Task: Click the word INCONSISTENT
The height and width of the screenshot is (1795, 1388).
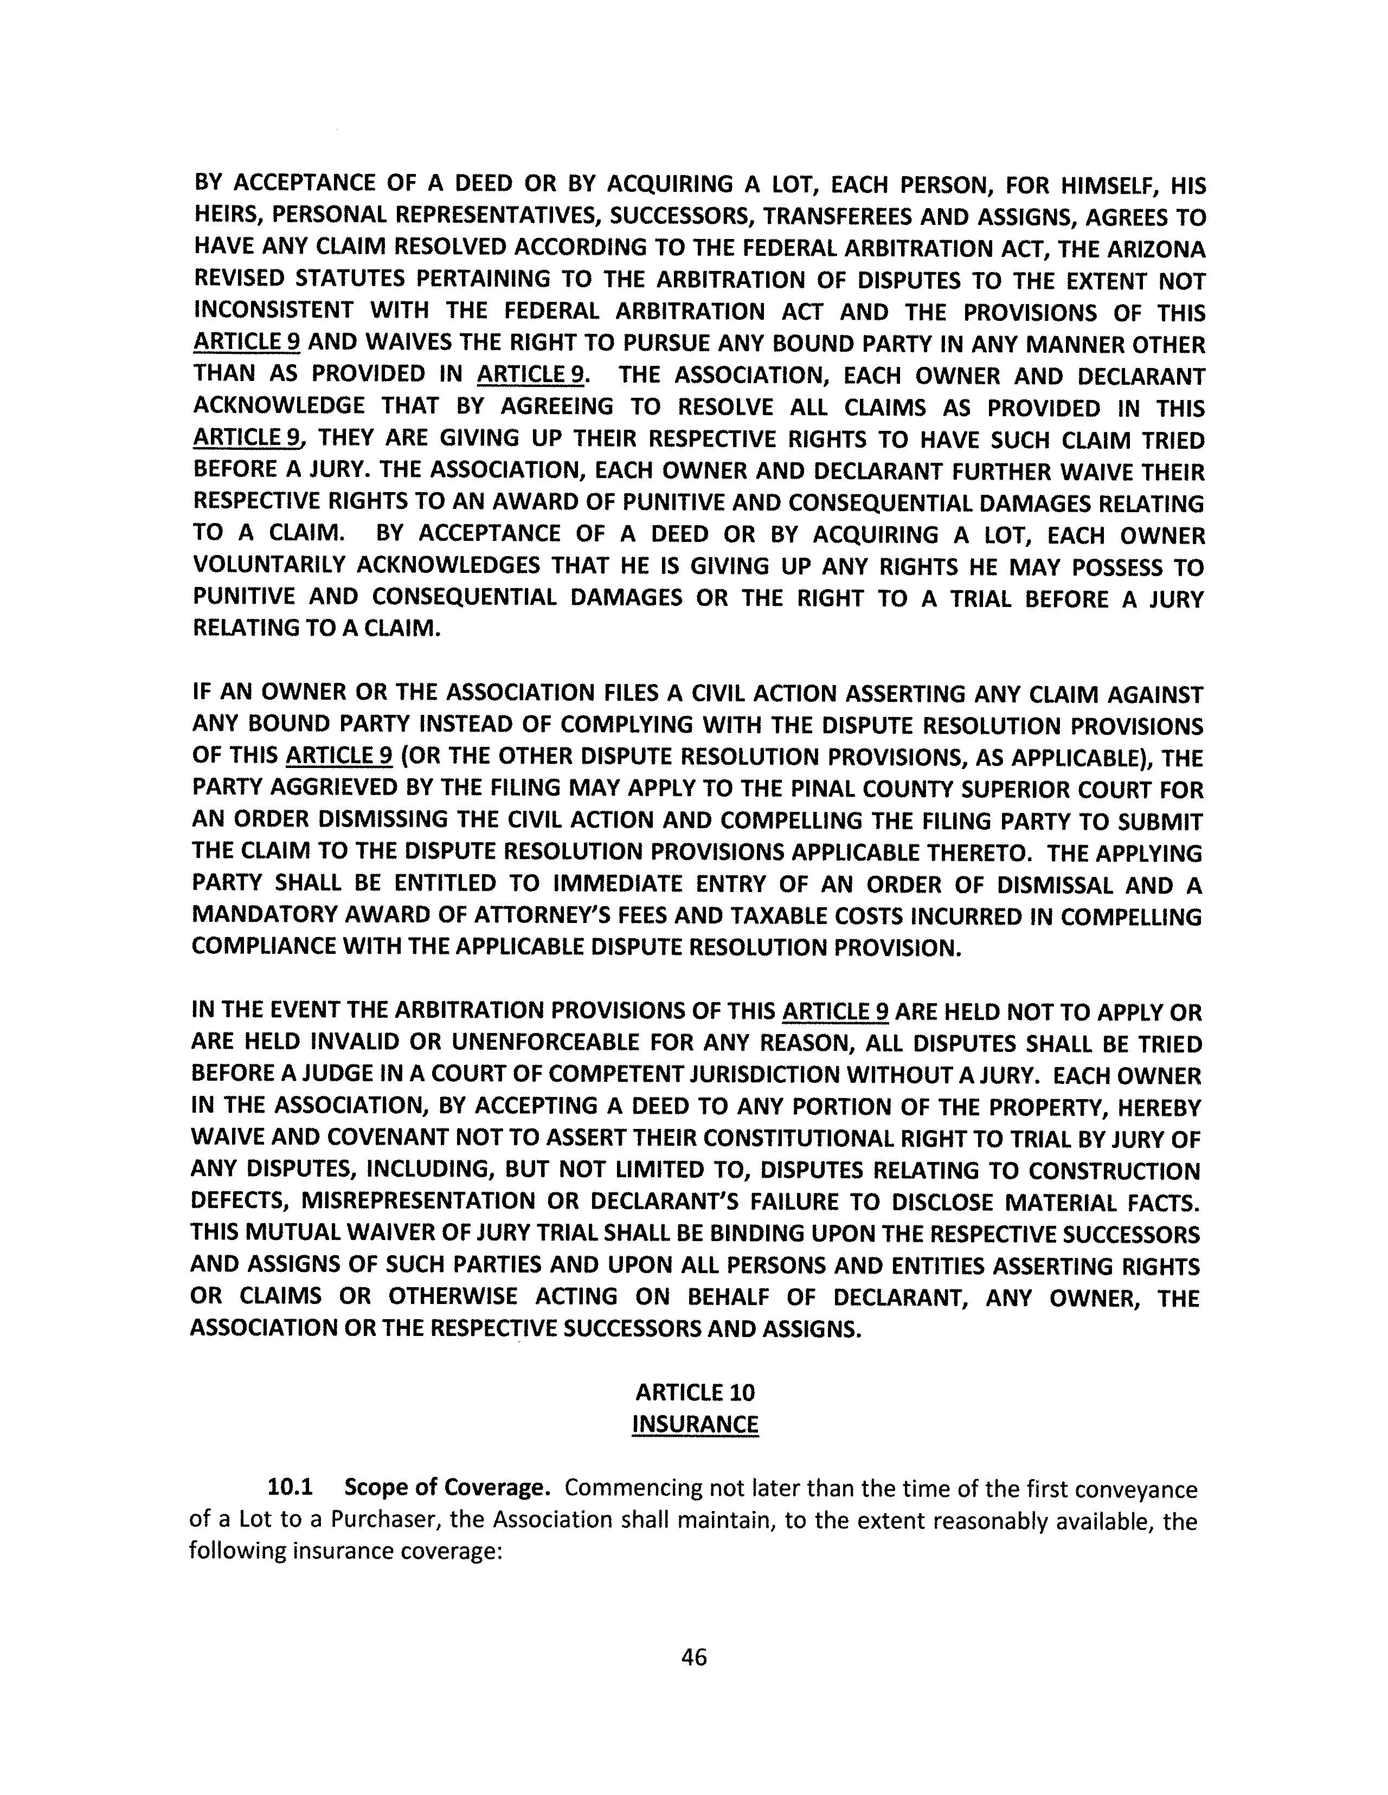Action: (x=274, y=312)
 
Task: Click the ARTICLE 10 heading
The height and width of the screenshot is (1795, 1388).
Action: (x=695, y=1392)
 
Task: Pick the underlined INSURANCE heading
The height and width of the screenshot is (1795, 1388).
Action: (x=695, y=1424)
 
